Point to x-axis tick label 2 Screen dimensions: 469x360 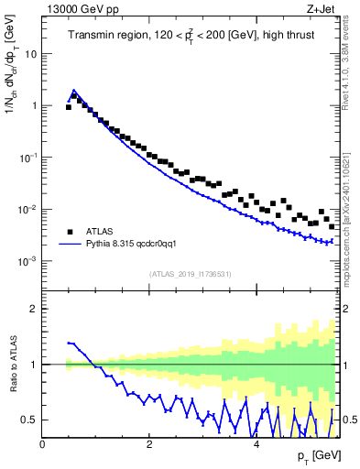149,444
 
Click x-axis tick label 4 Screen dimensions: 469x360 256,444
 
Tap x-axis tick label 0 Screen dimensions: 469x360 43,444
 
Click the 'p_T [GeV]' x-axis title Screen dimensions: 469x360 317,456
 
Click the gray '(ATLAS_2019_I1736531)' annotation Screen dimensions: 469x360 191,274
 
